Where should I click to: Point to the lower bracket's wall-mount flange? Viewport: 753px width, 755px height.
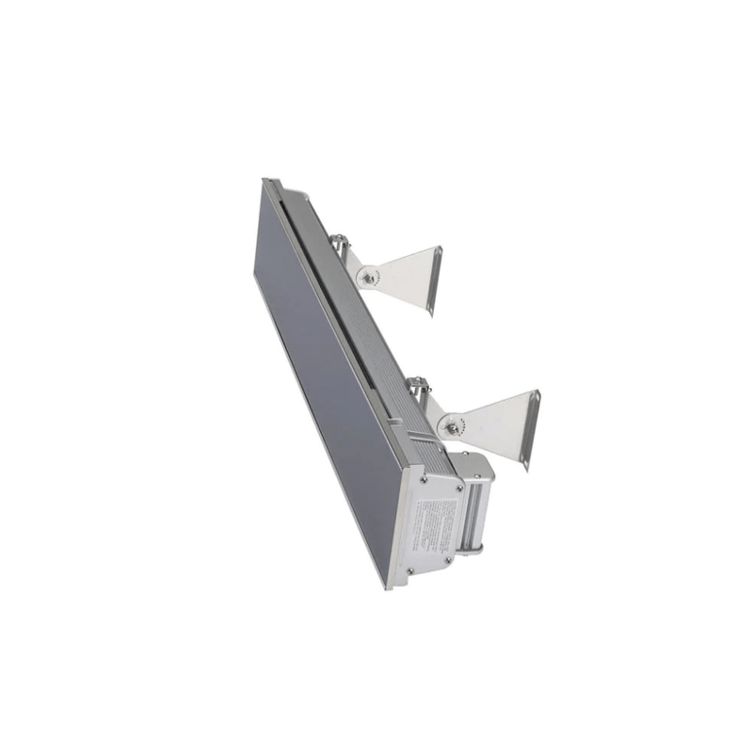click(x=531, y=429)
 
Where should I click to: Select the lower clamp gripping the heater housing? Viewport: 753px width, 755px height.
click(x=418, y=388)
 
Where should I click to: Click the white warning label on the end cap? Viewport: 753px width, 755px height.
click(x=434, y=525)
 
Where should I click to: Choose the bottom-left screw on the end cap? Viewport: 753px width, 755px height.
click(x=409, y=571)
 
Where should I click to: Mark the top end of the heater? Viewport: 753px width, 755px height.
click(x=270, y=182)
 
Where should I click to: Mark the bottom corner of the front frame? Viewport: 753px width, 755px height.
click(x=389, y=585)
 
